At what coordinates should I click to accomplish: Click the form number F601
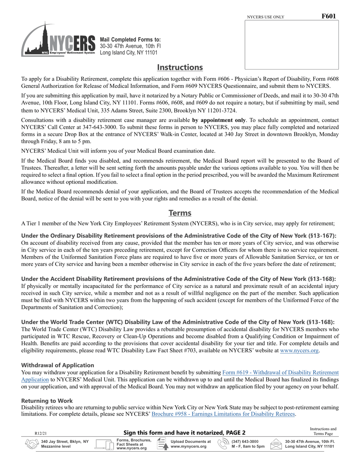pyautogui.click(x=328, y=16)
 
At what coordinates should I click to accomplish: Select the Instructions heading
pyautogui.click(x=180, y=67)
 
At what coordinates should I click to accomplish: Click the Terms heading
pyautogui.click(x=180, y=213)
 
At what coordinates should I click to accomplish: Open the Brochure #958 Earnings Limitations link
pyautogui.click(x=223, y=414)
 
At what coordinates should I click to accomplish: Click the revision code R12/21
pyautogui.click(x=41, y=433)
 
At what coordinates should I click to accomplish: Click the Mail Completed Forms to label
pyautogui.click(x=130, y=40)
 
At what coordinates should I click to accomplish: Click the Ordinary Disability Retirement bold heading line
pyautogui.click(x=178, y=236)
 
